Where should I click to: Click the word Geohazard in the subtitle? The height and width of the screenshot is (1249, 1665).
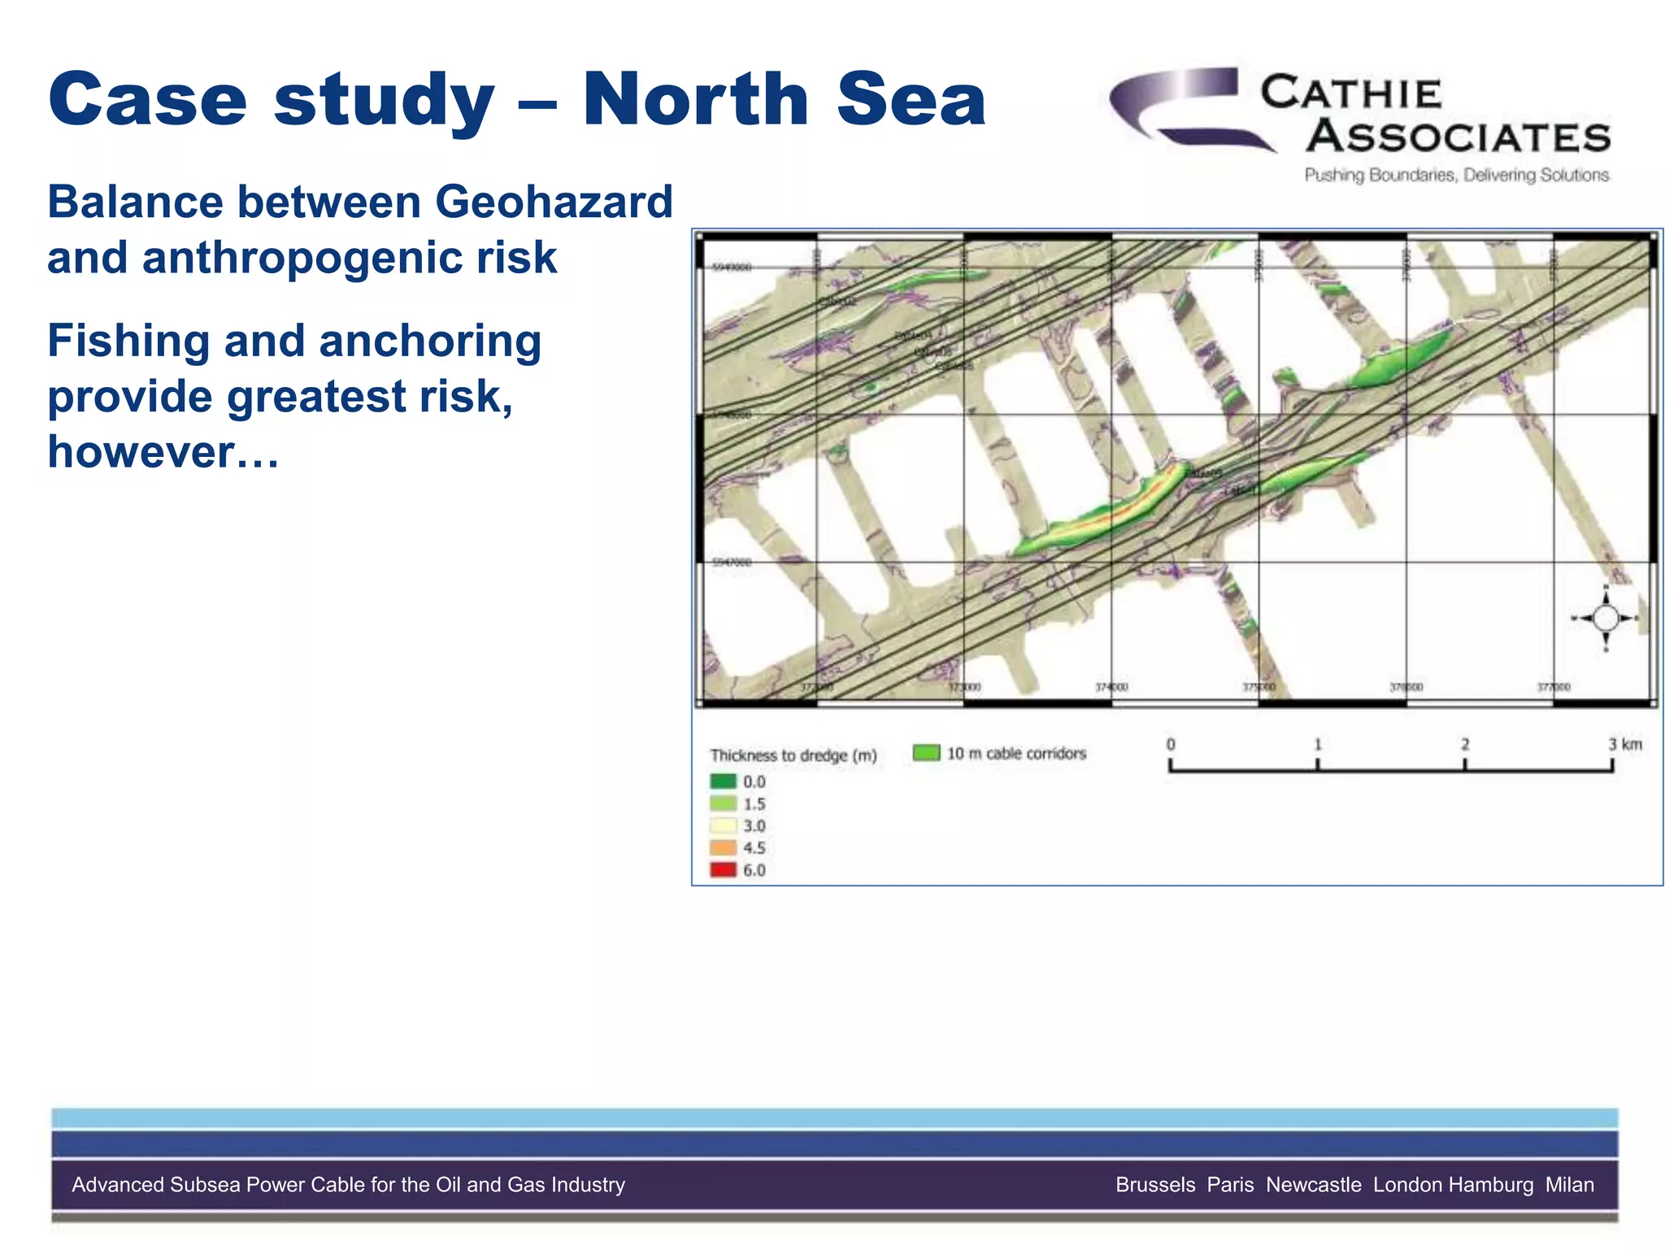pos(554,202)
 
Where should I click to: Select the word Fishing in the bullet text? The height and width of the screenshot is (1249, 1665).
pos(128,341)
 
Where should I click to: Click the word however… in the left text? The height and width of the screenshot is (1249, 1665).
pos(163,452)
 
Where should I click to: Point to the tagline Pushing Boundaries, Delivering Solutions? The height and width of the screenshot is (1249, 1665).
pos(1456,175)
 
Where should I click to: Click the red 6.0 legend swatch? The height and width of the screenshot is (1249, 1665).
pos(723,870)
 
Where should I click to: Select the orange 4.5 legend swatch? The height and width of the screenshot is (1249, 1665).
pos(723,848)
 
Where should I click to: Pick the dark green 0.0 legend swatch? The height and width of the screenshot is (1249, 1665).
pos(723,781)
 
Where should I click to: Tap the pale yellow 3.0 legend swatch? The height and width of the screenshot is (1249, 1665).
pos(723,826)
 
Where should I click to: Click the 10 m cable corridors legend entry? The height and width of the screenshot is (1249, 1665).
pos(1000,754)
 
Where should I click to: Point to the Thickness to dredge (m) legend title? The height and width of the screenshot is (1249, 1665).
pos(793,755)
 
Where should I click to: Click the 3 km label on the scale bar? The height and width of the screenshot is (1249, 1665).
pos(1624,745)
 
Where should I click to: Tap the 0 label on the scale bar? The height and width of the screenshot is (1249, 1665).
pos(1171,745)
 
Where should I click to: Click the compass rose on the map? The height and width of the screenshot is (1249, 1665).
pos(1605,619)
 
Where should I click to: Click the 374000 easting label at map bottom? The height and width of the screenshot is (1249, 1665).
pos(1111,688)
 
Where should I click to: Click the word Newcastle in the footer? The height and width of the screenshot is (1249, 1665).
pos(1313,1185)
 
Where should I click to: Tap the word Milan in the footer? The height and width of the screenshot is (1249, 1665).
pos(1569,1185)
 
